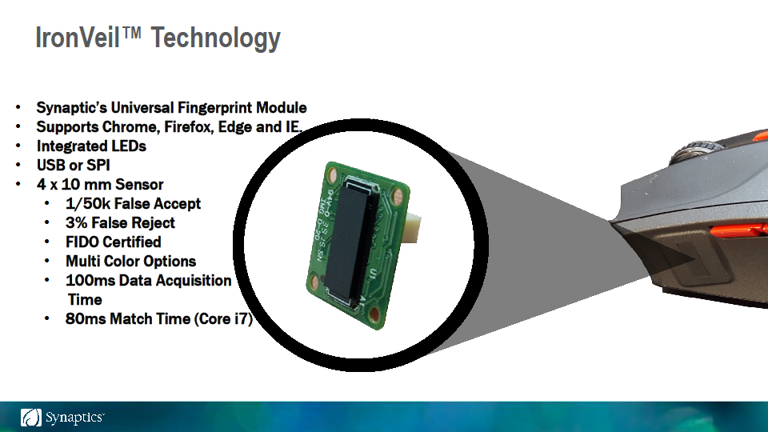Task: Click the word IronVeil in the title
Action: (78, 38)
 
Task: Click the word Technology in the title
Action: (215, 39)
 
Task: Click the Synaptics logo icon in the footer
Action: (31, 418)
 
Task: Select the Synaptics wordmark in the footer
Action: (74, 418)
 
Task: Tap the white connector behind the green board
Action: (412, 228)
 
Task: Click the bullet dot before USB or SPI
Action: (18, 165)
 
